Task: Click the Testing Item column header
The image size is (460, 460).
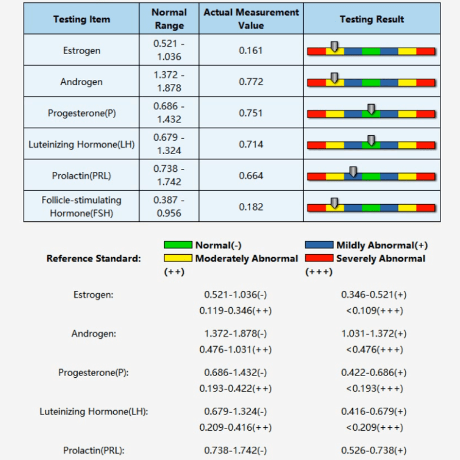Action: tap(81, 19)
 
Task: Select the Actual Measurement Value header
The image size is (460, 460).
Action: tap(251, 19)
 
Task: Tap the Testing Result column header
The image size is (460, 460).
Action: tap(371, 19)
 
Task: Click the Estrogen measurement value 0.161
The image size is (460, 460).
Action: tap(251, 51)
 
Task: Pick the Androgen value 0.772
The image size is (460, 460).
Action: tap(251, 82)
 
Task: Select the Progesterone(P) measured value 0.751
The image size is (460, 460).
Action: tap(251, 113)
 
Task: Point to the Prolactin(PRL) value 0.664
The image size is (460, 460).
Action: tap(251, 175)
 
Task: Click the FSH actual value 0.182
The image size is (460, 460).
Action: tap(251, 207)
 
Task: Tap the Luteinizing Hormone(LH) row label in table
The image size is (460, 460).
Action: tap(81, 144)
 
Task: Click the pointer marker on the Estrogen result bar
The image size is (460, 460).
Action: tap(335, 46)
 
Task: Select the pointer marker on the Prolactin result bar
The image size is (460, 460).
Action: tap(353, 171)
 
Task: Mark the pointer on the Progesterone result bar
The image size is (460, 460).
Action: tap(371, 109)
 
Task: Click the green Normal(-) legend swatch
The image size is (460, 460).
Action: tap(178, 245)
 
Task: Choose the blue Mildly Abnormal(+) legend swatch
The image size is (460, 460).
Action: tap(319, 245)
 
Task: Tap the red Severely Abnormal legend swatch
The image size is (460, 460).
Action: tap(319, 258)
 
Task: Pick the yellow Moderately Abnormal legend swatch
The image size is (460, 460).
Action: tap(178, 258)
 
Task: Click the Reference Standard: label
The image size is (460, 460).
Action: tap(94, 259)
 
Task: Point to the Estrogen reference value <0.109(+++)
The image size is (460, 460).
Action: tap(374, 310)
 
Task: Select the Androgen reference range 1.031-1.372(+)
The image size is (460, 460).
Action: tap(374, 333)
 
